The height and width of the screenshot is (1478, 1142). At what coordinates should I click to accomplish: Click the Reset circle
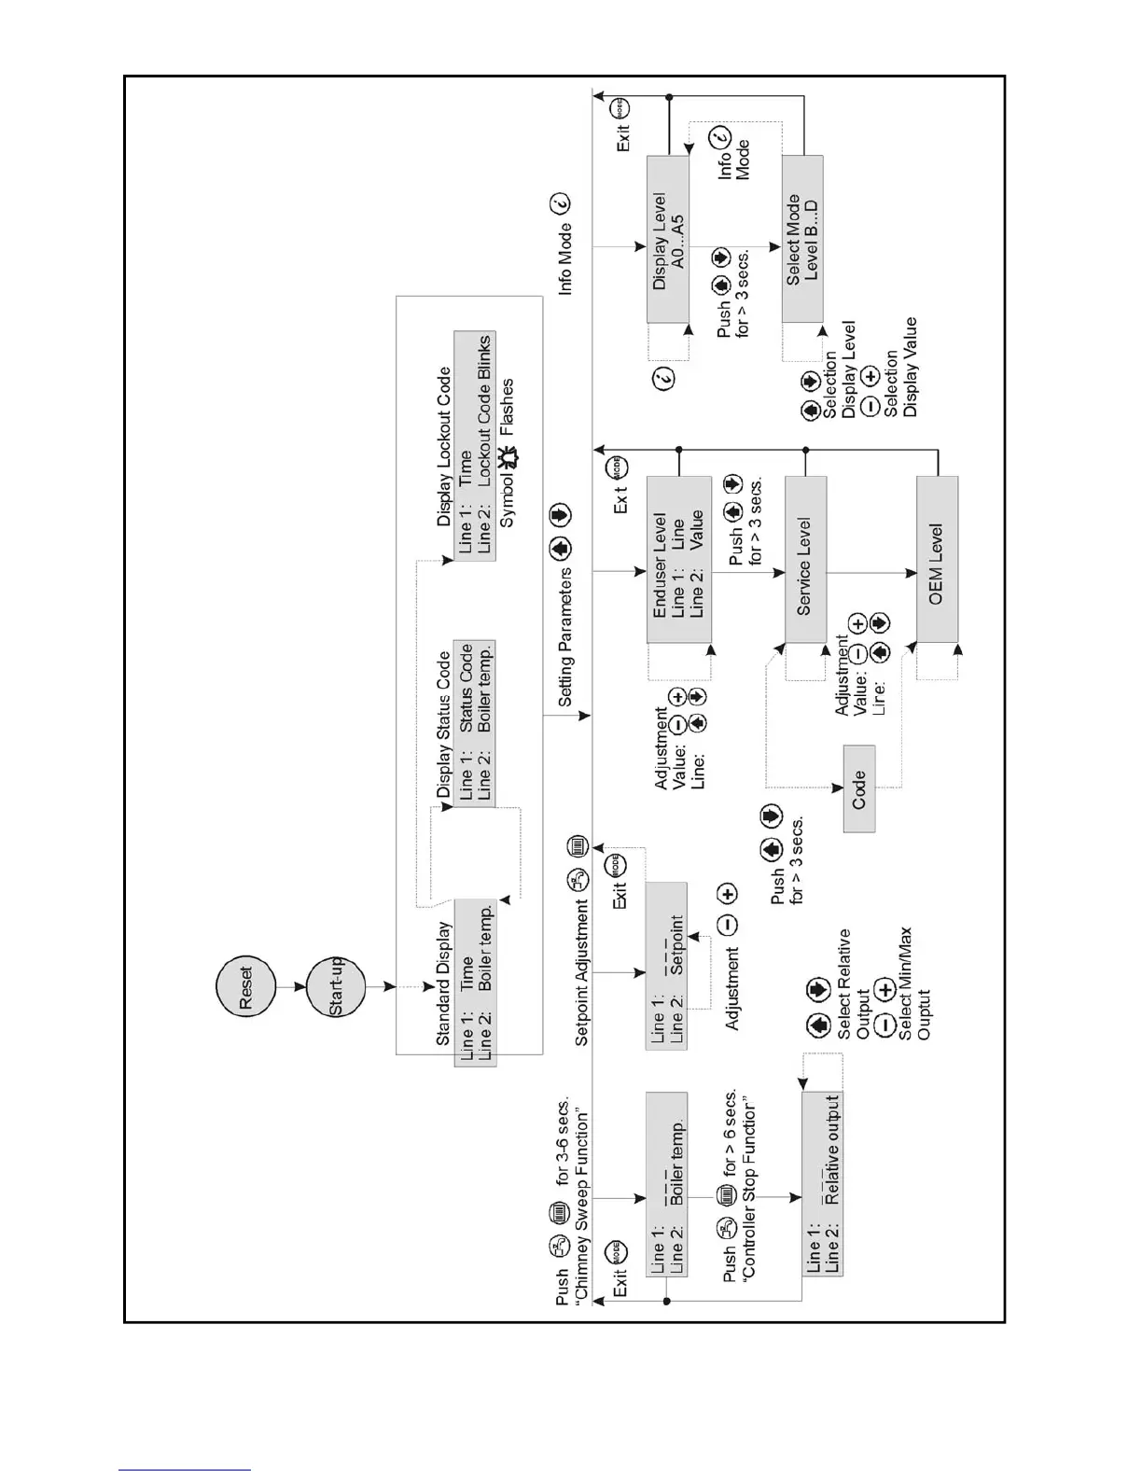pyautogui.click(x=246, y=986)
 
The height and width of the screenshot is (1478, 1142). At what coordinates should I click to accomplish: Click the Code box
pyautogui.click(x=859, y=789)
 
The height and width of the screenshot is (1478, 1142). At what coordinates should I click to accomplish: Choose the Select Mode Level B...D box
pyautogui.click(x=802, y=239)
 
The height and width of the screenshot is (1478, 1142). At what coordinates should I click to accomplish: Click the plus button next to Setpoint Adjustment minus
pyautogui.click(x=727, y=894)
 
